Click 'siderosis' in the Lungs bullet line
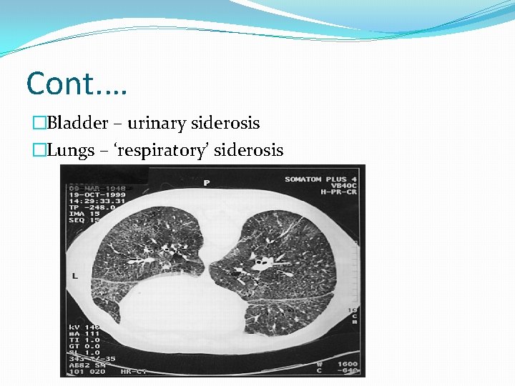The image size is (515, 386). pyautogui.click(x=250, y=150)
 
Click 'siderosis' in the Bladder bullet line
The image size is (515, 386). pyautogui.click(x=225, y=123)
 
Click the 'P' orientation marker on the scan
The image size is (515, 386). pyautogui.click(x=206, y=183)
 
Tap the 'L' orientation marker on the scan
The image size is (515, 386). pyautogui.click(x=75, y=275)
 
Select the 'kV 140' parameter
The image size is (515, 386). pyautogui.click(x=82, y=326)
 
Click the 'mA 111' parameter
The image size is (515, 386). pyautogui.click(x=82, y=334)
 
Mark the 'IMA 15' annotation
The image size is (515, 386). pyautogui.click(x=83, y=212)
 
